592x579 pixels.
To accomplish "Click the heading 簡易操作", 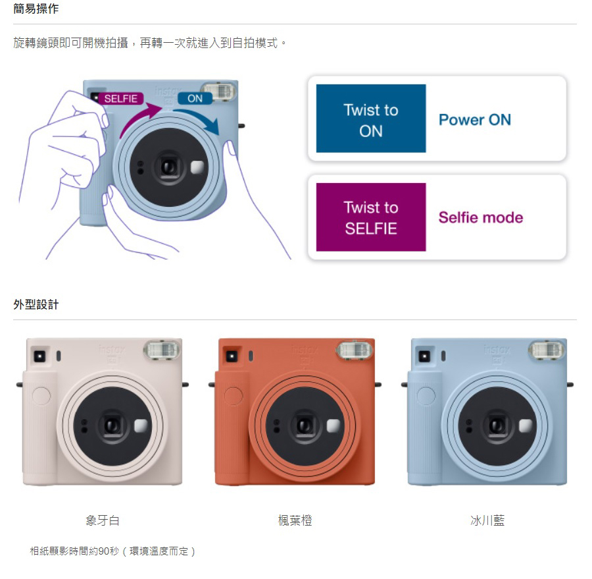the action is pyautogui.click(x=36, y=9).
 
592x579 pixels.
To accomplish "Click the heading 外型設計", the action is pyautogui.click(x=36, y=304).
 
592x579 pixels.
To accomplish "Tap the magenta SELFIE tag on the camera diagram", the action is pyautogui.click(x=121, y=98).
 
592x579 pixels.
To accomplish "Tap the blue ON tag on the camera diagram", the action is pyautogui.click(x=195, y=98).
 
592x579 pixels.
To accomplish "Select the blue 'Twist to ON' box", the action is pyautogui.click(x=371, y=119).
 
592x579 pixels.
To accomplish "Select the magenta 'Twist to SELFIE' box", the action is pyautogui.click(x=371, y=217).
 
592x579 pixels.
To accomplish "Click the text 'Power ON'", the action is pyautogui.click(x=474, y=120).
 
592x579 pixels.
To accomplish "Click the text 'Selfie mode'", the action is pyautogui.click(x=481, y=217).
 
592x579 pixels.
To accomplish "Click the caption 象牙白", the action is pyautogui.click(x=103, y=520).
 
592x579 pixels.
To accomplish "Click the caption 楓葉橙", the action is pyautogui.click(x=295, y=520).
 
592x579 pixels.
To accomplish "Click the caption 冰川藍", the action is pyautogui.click(x=487, y=520).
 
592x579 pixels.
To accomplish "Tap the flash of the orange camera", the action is pyautogui.click(x=354, y=350).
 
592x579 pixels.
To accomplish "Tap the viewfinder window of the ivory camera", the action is pyautogui.click(x=39, y=356).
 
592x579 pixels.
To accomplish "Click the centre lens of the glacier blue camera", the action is pyautogui.click(x=497, y=426).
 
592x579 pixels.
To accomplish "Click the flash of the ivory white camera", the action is pyautogui.click(x=162, y=350).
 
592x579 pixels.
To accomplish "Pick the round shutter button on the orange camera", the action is pyautogui.click(x=234, y=396).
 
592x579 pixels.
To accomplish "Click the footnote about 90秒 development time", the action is pyautogui.click(x=112, y=551).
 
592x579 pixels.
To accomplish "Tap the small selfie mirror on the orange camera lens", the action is pyautogui.click(x=333, y=426).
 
